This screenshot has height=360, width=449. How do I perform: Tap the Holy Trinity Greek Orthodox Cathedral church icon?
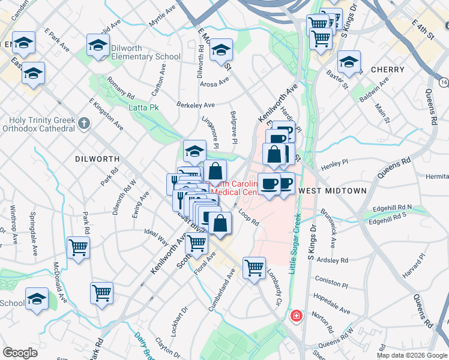[x=84, y=124]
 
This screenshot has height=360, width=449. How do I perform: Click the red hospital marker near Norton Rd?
[x=296, y=316]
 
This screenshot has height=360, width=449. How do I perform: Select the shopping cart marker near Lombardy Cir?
[x=255, y=267]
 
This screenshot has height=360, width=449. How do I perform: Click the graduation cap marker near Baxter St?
[x=349, y=61]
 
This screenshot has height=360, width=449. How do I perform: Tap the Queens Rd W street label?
[x=336, y=345]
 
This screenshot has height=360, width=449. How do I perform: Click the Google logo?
[x=20, y=353]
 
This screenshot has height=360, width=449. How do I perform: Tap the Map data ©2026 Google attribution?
[x=412, y=355]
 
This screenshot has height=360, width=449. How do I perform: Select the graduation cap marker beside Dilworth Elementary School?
[x=98, y=46]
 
